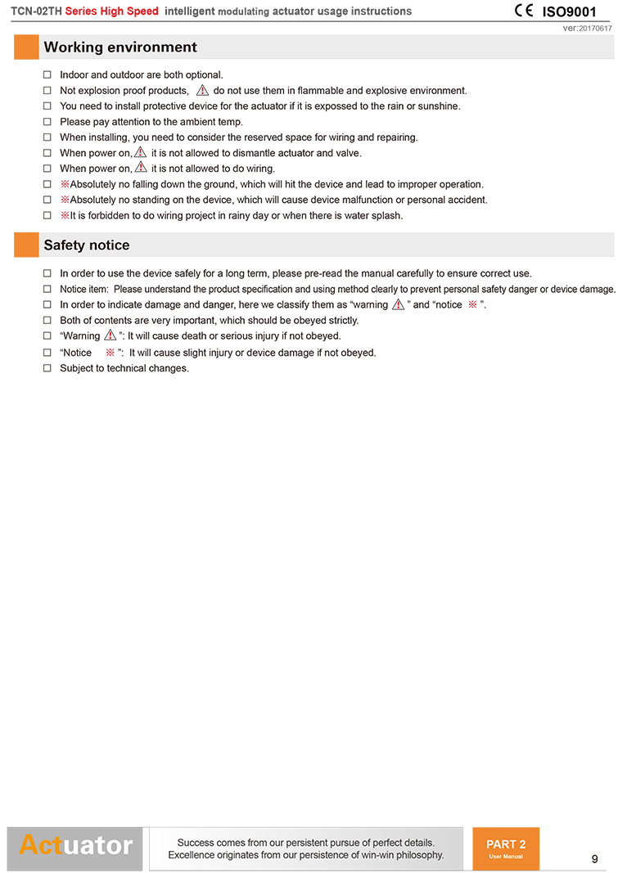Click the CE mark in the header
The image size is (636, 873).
(x=523, y=11)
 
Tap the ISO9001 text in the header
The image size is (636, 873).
(x=570, y=11)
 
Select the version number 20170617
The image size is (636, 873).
(x=595, y=29)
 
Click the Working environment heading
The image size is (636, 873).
(x=120, y=47)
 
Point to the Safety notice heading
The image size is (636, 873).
(x=87, y=245)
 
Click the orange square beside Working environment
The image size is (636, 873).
(x=26, y=47)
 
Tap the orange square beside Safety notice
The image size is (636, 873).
(x=26, y=245)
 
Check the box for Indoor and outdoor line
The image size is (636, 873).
(x=47, y=75)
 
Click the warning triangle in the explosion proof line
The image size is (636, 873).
(x=202, y=90)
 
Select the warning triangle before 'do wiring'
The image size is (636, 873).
(x=141, y=168)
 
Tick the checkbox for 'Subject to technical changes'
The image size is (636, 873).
(x=47, y=368)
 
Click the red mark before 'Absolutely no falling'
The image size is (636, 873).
(x=65, y=185)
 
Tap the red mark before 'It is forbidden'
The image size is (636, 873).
(x=65, y=216)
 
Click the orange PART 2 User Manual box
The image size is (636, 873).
(x=506, y=848)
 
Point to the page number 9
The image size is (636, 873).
(x=594, y=858)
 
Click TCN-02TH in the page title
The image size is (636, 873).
(x=36, y=11)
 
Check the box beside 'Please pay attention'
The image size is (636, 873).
(x=47, y=122)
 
